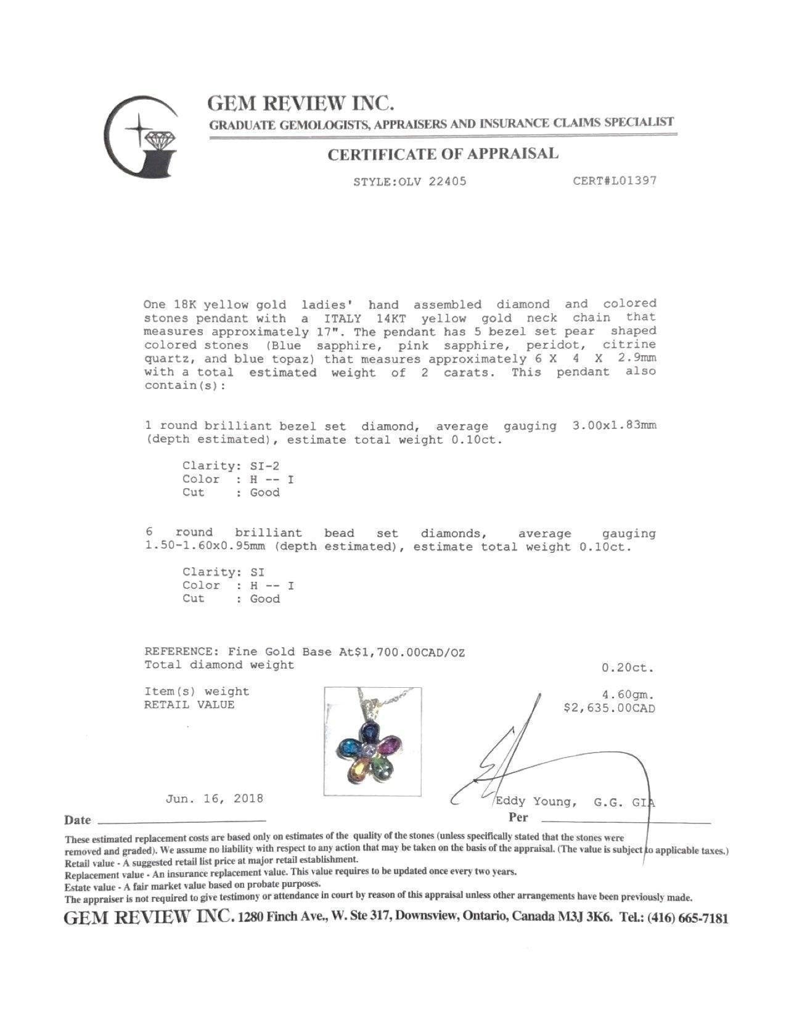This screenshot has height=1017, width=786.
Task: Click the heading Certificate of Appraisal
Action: pyautogui.click(x=442, y=154)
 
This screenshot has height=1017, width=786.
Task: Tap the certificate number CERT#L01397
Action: pyautogui.click(x=614, y=181)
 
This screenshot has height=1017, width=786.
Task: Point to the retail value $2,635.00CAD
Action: pyautogui.click(x=609, y=708)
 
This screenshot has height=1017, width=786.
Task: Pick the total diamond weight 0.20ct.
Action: pyautogui.click(x=628, y=668)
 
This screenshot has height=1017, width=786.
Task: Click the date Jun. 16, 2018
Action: pyautogui.click(x=214, y=799)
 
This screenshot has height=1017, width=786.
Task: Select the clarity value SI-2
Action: pyautogui.click(x=264, y=466)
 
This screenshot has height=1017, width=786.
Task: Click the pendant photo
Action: pyautogui.click(x=373, y=741)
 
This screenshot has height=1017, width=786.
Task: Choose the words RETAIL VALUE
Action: pyautogui.click(x=189, y=705)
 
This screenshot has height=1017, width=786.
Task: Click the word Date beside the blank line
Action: pyautogui.click(x=77, y=820)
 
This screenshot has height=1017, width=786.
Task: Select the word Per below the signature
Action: pyautogui.click(x=518, y=818)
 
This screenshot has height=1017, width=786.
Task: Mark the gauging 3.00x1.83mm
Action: pyautogui.click(x=614, y=426)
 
